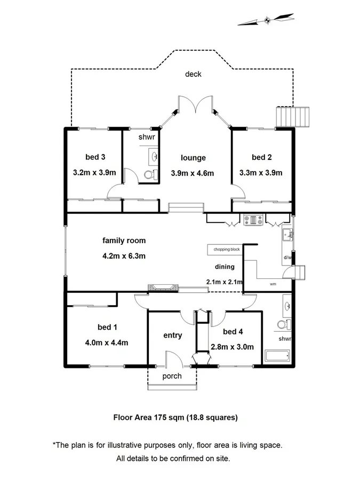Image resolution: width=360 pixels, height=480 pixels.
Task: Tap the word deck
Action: click(x=193, y=74)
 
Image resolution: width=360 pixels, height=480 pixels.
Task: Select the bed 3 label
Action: click(x=95, y=157)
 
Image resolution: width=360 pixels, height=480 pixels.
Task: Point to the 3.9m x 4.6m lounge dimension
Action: click(x=193, y=173)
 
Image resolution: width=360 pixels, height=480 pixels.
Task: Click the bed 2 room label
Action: click(x=262, y=157)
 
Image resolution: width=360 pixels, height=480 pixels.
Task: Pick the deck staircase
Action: click(x=292, y=116)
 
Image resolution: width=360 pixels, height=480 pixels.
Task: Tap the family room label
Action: click(x=124, y=241)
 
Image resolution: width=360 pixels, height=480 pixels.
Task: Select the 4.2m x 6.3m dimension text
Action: click(x=124, y=255)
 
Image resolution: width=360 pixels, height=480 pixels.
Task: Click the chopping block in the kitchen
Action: click(x=227, y=250)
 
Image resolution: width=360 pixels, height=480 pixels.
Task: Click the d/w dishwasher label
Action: click(x=287, y=258)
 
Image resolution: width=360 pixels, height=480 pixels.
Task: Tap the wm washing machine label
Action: click(x=273, y=284)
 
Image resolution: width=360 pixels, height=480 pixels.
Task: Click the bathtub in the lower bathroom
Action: click(x=276, y=356)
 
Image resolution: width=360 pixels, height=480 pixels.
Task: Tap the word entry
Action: click(x=172, y=335)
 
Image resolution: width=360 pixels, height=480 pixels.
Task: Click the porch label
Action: click(x=172, y=376)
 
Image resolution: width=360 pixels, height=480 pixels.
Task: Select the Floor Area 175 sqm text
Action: click(x=175, y=418)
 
